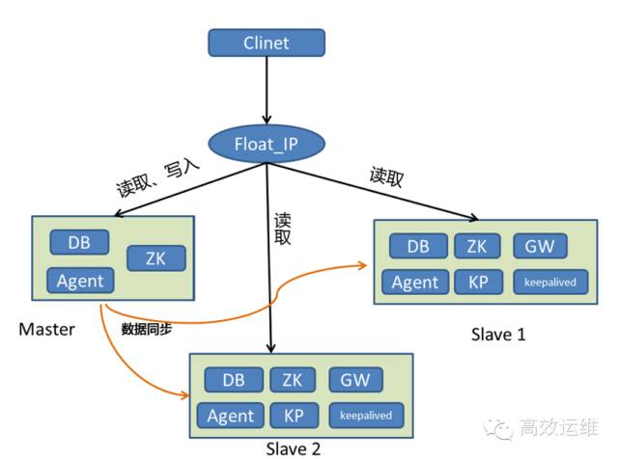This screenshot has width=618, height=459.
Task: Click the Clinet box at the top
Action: [267, 42]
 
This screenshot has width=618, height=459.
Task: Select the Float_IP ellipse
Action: [267, 145]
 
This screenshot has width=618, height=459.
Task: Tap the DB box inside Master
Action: [80, 243]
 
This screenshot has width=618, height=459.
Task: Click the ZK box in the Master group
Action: [155, 258]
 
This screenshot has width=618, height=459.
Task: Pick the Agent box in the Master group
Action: [80, 282]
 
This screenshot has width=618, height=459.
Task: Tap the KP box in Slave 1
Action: [477, 283]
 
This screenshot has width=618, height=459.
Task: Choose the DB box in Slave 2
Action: [232, 380]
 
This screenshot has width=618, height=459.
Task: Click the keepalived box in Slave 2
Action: [366, 416]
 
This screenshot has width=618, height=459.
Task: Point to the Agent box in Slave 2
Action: [232, 416]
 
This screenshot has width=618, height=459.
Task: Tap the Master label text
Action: [46, 330]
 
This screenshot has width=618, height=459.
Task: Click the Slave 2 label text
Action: [293, 448]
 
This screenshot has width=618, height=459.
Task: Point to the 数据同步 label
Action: [147, 329]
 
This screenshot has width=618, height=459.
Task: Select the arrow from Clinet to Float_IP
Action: [267, 92]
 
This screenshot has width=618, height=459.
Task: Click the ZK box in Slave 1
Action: [477, 246]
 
